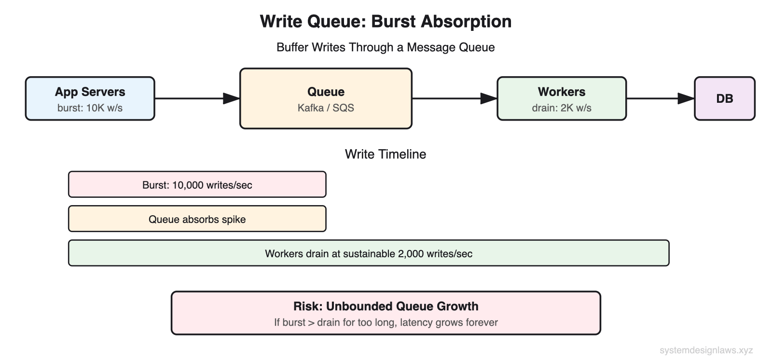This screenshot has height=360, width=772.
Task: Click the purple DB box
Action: pos(724,98)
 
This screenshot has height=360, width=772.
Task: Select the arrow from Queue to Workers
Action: pos(454,98)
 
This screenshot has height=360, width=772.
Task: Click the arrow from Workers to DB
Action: pos(660,98)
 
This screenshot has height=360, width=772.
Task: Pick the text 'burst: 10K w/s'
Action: pos(90,108)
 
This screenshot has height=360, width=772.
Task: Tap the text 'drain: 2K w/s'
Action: pos(561,108)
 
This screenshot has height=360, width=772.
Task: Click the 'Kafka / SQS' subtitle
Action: pos(326,108)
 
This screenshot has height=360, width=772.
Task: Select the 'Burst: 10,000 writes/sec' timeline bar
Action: pos(197,185)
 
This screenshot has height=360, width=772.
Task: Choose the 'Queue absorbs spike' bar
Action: pos(197,219)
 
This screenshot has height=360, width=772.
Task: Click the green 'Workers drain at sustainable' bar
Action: pos(368,253)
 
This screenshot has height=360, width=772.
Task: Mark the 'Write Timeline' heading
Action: pos(385,154)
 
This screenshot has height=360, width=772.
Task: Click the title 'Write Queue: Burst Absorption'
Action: pos(385,22)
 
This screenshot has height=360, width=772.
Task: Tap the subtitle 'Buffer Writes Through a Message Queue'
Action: pos(385,47)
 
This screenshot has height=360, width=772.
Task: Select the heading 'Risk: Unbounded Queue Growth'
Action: pos(386,306)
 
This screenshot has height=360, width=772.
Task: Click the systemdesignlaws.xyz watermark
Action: pos(706,350)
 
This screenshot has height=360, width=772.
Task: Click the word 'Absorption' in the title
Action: pos(466,22)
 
